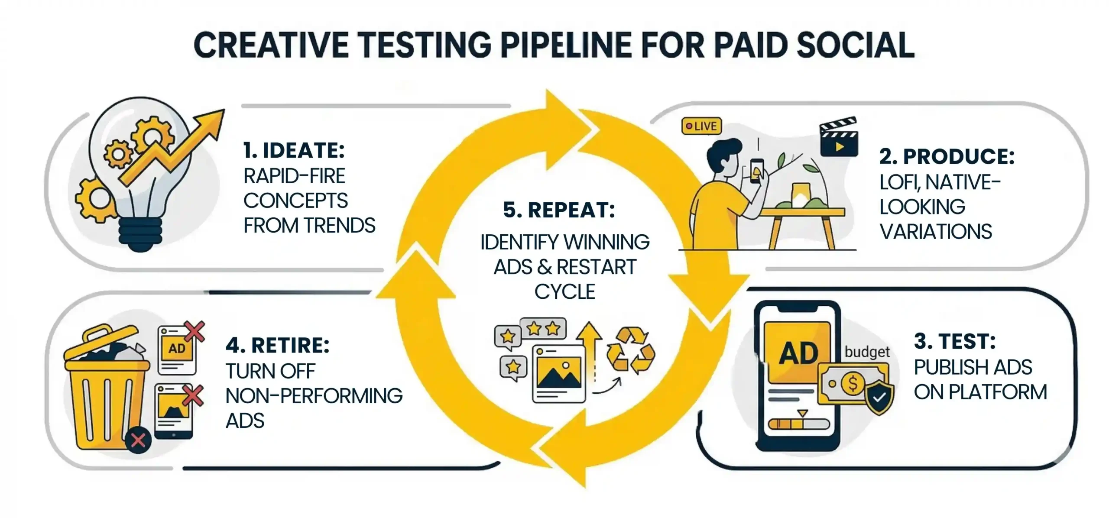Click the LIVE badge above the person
[x=701, y=126]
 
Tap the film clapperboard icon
[x=839, y=138]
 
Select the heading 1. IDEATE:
[x=294, y=150]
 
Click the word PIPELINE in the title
[x=566, y=45]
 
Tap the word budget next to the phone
[x=867, y=352]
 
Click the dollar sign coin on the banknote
[x=853, y=383]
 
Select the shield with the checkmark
[x=879, y=397]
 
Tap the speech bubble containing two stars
[x=543, y=329]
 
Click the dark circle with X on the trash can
[x=138, y=440]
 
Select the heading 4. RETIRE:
[x=277, y=345]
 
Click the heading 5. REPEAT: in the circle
[x=559, y=210]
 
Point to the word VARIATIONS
[x=935, y=232]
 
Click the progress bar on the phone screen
[x=798, y=424]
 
